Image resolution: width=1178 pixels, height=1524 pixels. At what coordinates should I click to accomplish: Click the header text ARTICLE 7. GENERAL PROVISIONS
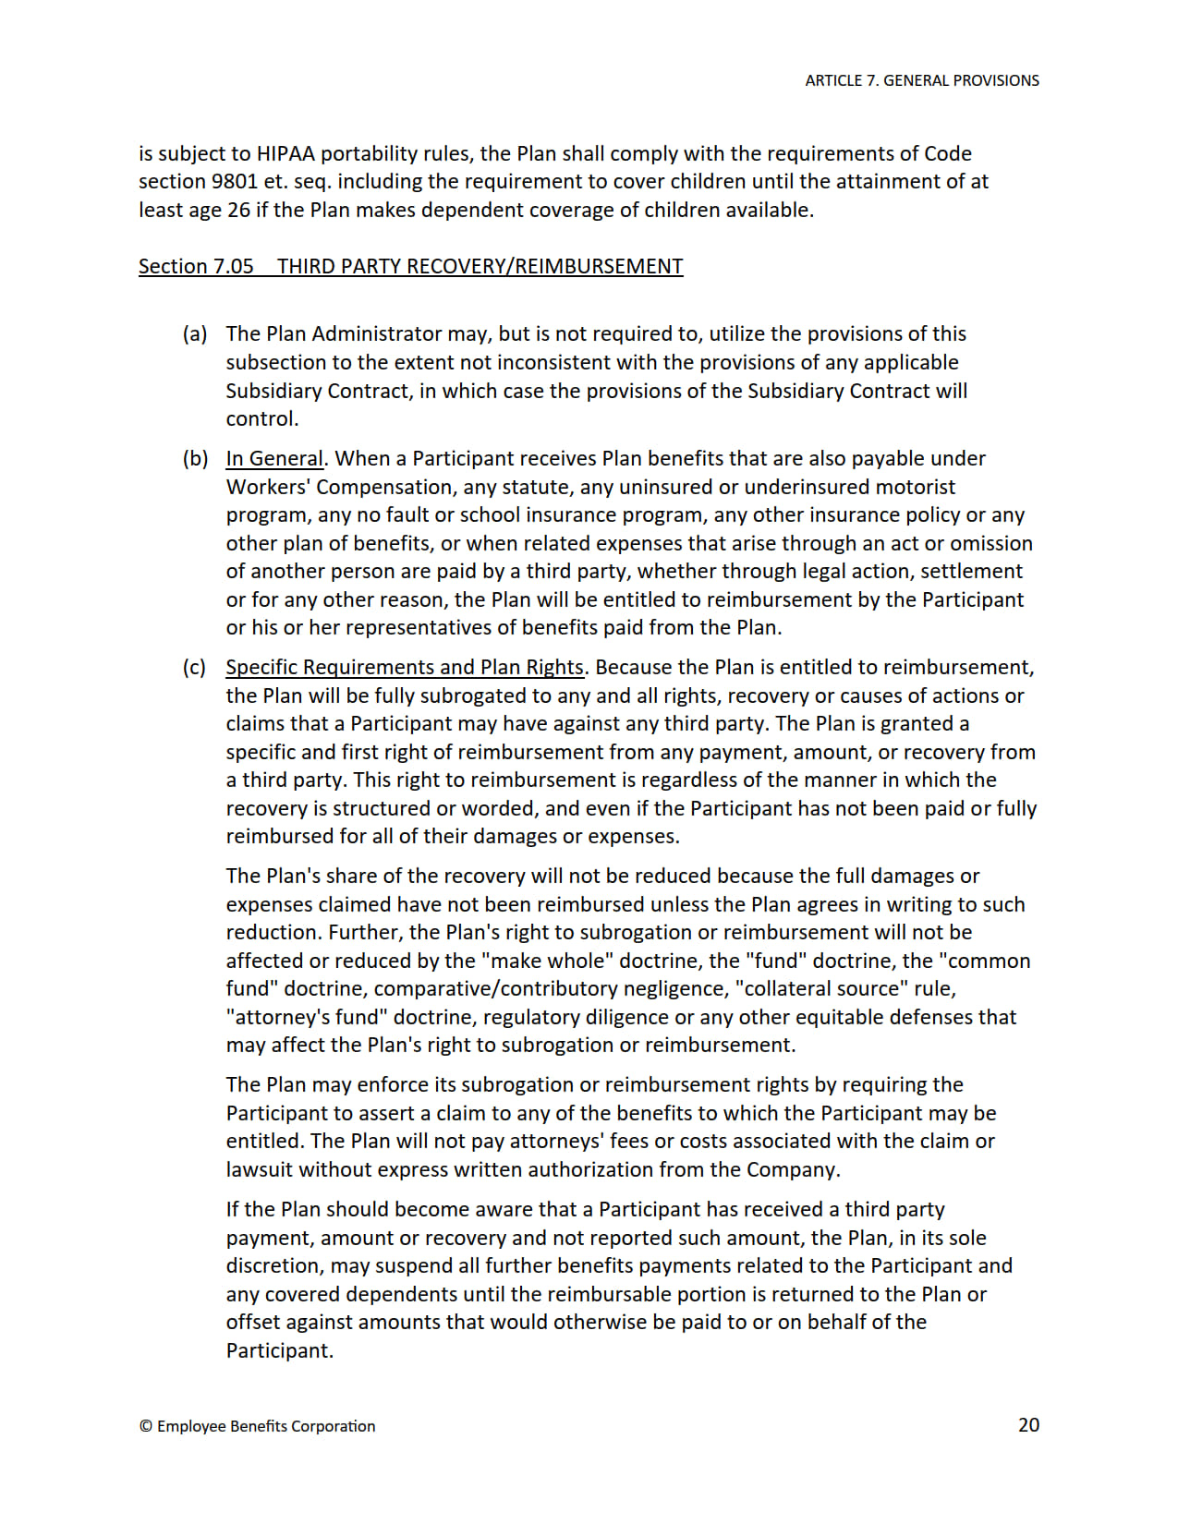click(x=921, y=80)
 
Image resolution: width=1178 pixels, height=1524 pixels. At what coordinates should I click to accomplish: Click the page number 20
click(x=1028, y=1424)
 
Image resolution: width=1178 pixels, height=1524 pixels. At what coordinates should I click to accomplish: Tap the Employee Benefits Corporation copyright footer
click(x=257, y=1426)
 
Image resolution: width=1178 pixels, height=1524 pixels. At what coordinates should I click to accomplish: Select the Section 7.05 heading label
click(x=196, y=266)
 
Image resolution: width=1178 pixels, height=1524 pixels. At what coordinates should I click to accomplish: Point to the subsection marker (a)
click(x=194, y=333)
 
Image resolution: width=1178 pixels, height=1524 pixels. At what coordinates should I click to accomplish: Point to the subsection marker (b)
click(x=194, y=458)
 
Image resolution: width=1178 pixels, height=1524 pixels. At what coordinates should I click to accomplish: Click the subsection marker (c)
click(x=194, y=667)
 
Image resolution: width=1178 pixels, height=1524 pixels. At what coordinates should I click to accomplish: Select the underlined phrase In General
click(x=274, y=458)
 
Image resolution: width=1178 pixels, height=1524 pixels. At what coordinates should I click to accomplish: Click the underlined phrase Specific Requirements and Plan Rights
click(x=405, y=667)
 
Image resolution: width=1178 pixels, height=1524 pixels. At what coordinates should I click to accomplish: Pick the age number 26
click(x=238, y=210)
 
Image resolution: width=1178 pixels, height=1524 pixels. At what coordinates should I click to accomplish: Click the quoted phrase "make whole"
click(x=547, y=961)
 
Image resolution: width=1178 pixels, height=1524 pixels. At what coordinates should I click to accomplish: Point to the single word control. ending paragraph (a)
click(x=262, y=418)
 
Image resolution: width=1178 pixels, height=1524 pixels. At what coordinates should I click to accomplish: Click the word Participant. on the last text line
click(x=279, y=1350)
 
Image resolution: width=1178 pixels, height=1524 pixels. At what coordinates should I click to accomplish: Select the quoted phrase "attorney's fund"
click(x=306, y=1017)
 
